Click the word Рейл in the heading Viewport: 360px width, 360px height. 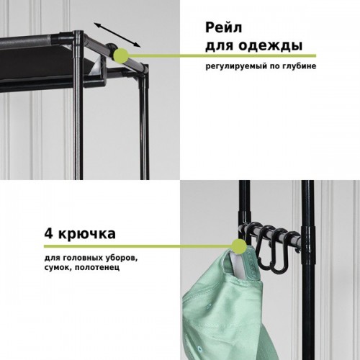pyautogui.click(x=223, y=28)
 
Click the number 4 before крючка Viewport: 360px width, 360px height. pyautogui.click(x=49, y=233)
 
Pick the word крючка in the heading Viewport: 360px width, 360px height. pyautogui.click(x=87, y=234)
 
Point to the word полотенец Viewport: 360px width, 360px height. pyautogui.click(x=97, y=267)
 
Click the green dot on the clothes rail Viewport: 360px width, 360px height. pyautogui.click(x=121, y=55)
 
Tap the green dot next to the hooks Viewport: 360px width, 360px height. pyautogui.click(x=239, y=246)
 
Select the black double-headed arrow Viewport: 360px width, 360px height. pyautogui.click(x=117, y=35)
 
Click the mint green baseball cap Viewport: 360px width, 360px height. pyautogui.click(x=225, y=302)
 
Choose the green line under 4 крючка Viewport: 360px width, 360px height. pyautogui.click(x=138, y=246)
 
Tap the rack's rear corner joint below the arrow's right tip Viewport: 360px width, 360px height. pyautogui.click(x=143, y=70)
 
